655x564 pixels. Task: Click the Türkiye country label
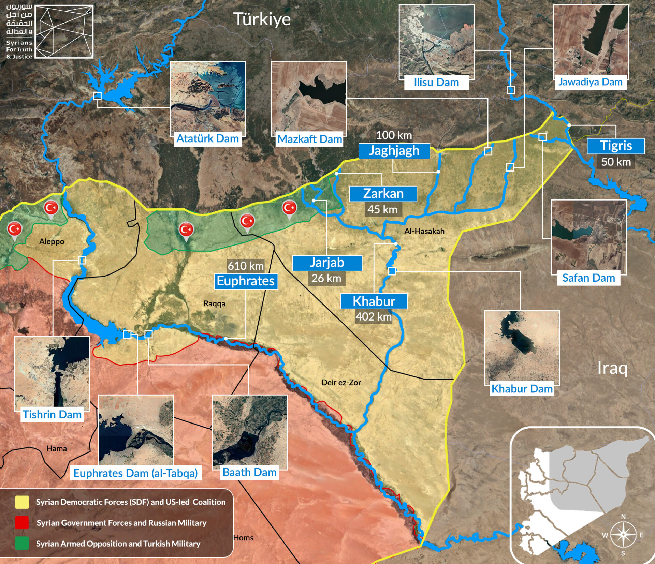pos(262,19)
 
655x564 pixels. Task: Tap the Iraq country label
pos(612,368)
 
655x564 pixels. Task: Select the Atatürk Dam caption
pos(207,139)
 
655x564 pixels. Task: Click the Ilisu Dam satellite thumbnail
pos(436,40)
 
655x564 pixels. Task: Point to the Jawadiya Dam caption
pos(590,82)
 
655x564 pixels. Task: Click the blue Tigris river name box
pos(615,146)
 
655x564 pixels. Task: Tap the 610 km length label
pos(246,266)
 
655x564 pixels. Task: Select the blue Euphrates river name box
pos(246,281)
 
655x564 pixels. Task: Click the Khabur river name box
pos(374,301)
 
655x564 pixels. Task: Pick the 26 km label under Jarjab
pos(326,278)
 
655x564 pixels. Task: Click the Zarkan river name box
pos(383,194)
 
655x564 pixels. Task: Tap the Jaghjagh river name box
pos(394,151)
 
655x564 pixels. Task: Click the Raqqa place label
pos(214,303)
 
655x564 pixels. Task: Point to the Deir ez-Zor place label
pos(341,382)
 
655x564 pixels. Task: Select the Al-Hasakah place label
pos(424,231)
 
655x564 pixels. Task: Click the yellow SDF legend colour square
pos(22,502)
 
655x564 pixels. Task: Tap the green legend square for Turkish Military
pos(22,544)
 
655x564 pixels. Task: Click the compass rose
pos(623,534)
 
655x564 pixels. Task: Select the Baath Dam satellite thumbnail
pos(249,432)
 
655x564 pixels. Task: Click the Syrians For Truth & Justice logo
pos(49,31)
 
